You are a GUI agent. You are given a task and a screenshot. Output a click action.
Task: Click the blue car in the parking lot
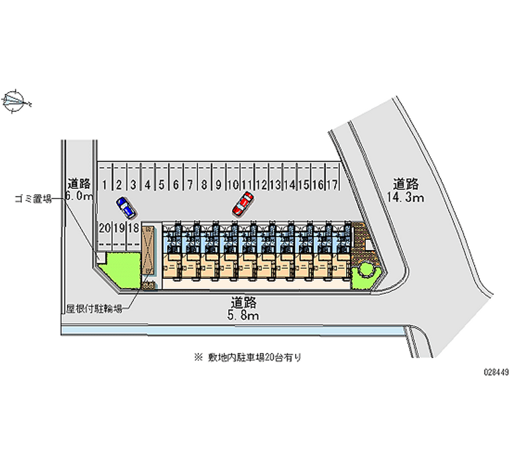[x=126, y=207]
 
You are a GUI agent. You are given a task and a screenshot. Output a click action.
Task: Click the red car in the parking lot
[x=242, y=204]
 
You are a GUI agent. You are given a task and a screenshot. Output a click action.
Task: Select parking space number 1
[x=105, y=185]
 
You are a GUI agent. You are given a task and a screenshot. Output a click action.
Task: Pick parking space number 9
[x=218, y=185]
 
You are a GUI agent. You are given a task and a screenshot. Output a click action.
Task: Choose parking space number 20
[x=105, y=227]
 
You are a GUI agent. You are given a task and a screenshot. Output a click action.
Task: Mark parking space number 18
[x=133, y=227]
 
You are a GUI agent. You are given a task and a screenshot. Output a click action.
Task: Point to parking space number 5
[x=161, y=185]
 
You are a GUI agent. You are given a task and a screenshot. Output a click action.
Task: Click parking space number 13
[x=275, y=185]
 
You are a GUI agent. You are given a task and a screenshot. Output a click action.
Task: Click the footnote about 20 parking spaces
[x=249, y=357]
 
